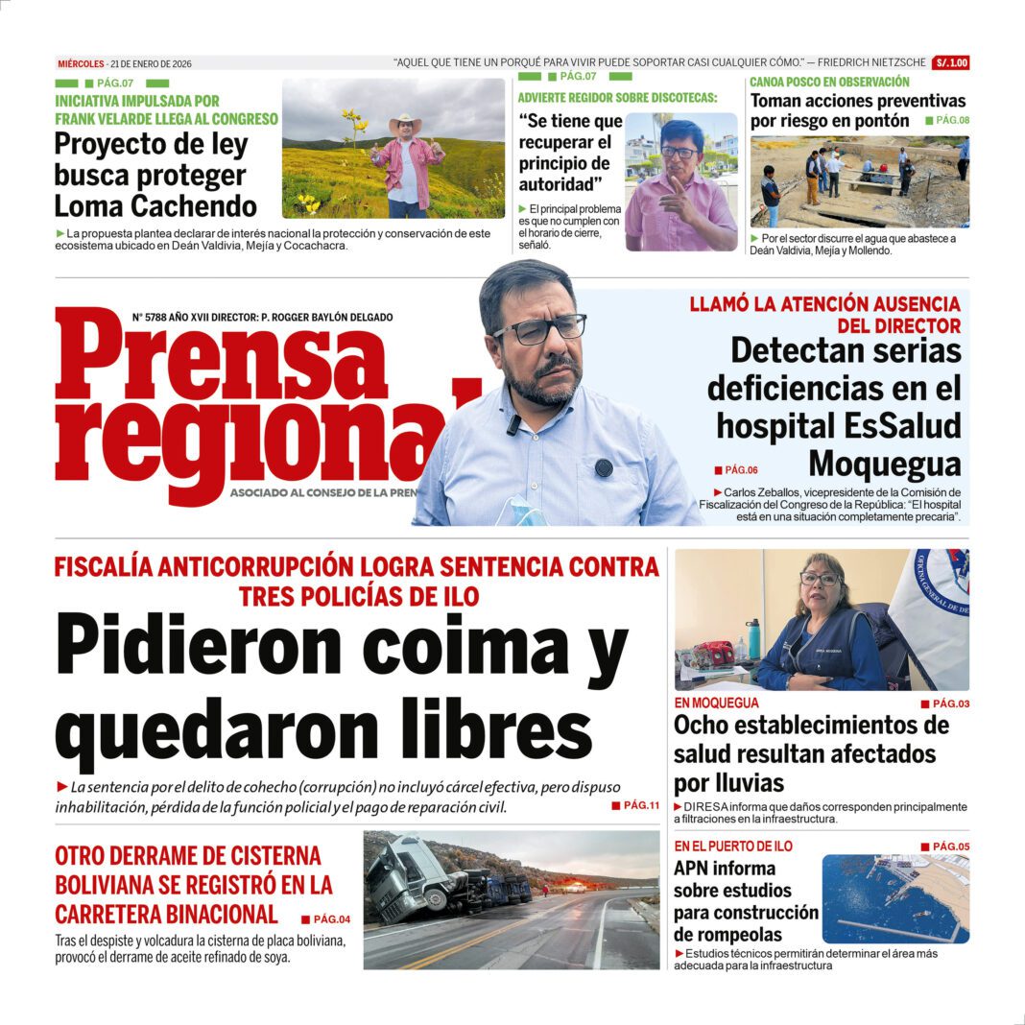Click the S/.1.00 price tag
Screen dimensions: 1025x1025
[950, 63]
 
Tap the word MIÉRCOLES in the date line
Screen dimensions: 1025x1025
[80, 64]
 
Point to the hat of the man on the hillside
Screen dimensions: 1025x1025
[405, 124]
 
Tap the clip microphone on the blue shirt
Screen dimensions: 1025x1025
[513, 423]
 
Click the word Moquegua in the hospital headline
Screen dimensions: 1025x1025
[884, 465]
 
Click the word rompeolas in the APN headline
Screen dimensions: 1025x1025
[727, 935]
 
